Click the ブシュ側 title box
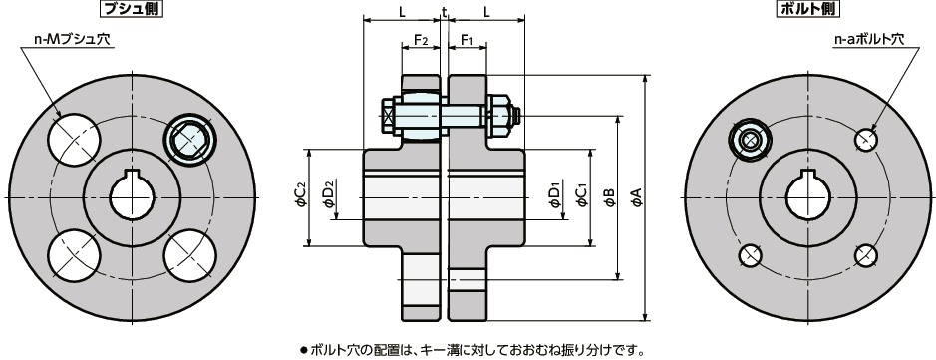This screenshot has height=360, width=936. [x=132, y=10]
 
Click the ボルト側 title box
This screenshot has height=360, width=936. [x=807, y=10]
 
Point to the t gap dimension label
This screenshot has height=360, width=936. [x=444, y=12]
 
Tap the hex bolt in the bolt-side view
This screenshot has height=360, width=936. [x=749, y=140]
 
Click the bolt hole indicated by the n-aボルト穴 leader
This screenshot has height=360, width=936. [x=864, y=140]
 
